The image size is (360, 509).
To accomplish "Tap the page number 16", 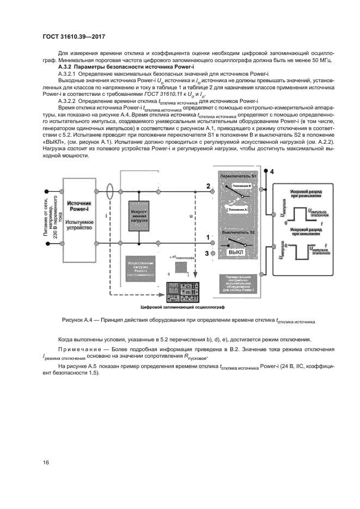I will click(46, 463).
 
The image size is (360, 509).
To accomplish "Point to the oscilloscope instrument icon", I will click(182, 294).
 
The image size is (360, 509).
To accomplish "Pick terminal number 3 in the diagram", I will click(207, 254).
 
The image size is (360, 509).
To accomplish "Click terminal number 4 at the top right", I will click(272, 172).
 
